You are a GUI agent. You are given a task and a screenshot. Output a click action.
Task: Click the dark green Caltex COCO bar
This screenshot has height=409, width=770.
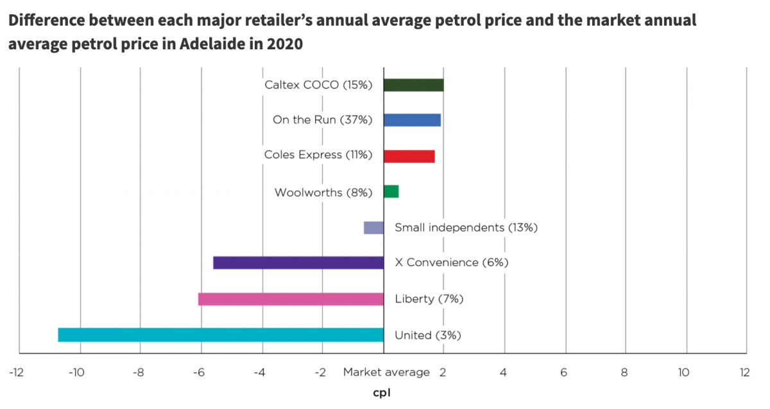413,85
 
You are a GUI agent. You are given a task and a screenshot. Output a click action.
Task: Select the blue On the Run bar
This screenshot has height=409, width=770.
412,120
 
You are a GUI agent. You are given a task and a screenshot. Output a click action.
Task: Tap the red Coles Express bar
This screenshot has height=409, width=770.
409,156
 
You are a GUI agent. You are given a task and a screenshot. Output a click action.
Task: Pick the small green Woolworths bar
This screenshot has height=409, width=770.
391,191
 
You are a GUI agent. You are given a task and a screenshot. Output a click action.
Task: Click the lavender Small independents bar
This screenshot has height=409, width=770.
373,228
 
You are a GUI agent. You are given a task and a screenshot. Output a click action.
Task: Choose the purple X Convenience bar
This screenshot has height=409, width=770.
298,263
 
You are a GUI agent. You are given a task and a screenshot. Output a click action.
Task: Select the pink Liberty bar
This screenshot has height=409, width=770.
291,299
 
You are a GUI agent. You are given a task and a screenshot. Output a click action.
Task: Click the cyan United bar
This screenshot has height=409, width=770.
221,335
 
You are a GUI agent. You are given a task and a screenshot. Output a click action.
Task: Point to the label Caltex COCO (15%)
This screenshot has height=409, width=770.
318,85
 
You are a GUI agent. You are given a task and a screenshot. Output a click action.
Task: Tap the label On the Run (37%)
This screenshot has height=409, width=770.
322,120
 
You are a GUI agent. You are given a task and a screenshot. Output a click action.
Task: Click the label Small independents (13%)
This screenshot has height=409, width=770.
466,227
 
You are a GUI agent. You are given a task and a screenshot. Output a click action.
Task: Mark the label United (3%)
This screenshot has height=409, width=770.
428,335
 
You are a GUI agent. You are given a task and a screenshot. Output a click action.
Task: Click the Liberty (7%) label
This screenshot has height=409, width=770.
429,299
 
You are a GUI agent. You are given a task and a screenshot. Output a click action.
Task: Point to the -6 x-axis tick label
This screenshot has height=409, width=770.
198,372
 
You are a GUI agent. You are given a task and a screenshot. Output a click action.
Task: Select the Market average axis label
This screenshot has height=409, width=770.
386,372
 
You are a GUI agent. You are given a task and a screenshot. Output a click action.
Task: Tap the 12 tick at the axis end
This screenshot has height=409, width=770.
744,372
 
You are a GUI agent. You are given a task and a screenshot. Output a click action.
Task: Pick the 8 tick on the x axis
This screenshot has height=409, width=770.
624,372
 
